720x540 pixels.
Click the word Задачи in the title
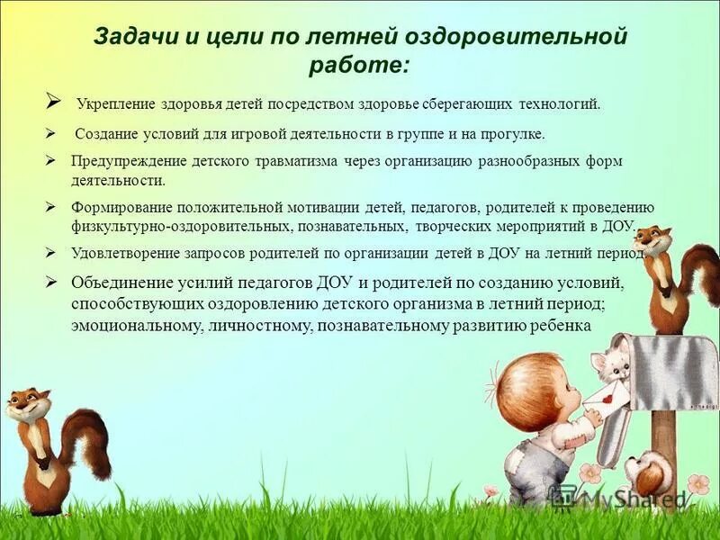[128, 38]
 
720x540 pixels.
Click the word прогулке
[511, 133]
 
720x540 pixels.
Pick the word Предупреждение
[129, 162]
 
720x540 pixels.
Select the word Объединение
[120, 282]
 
